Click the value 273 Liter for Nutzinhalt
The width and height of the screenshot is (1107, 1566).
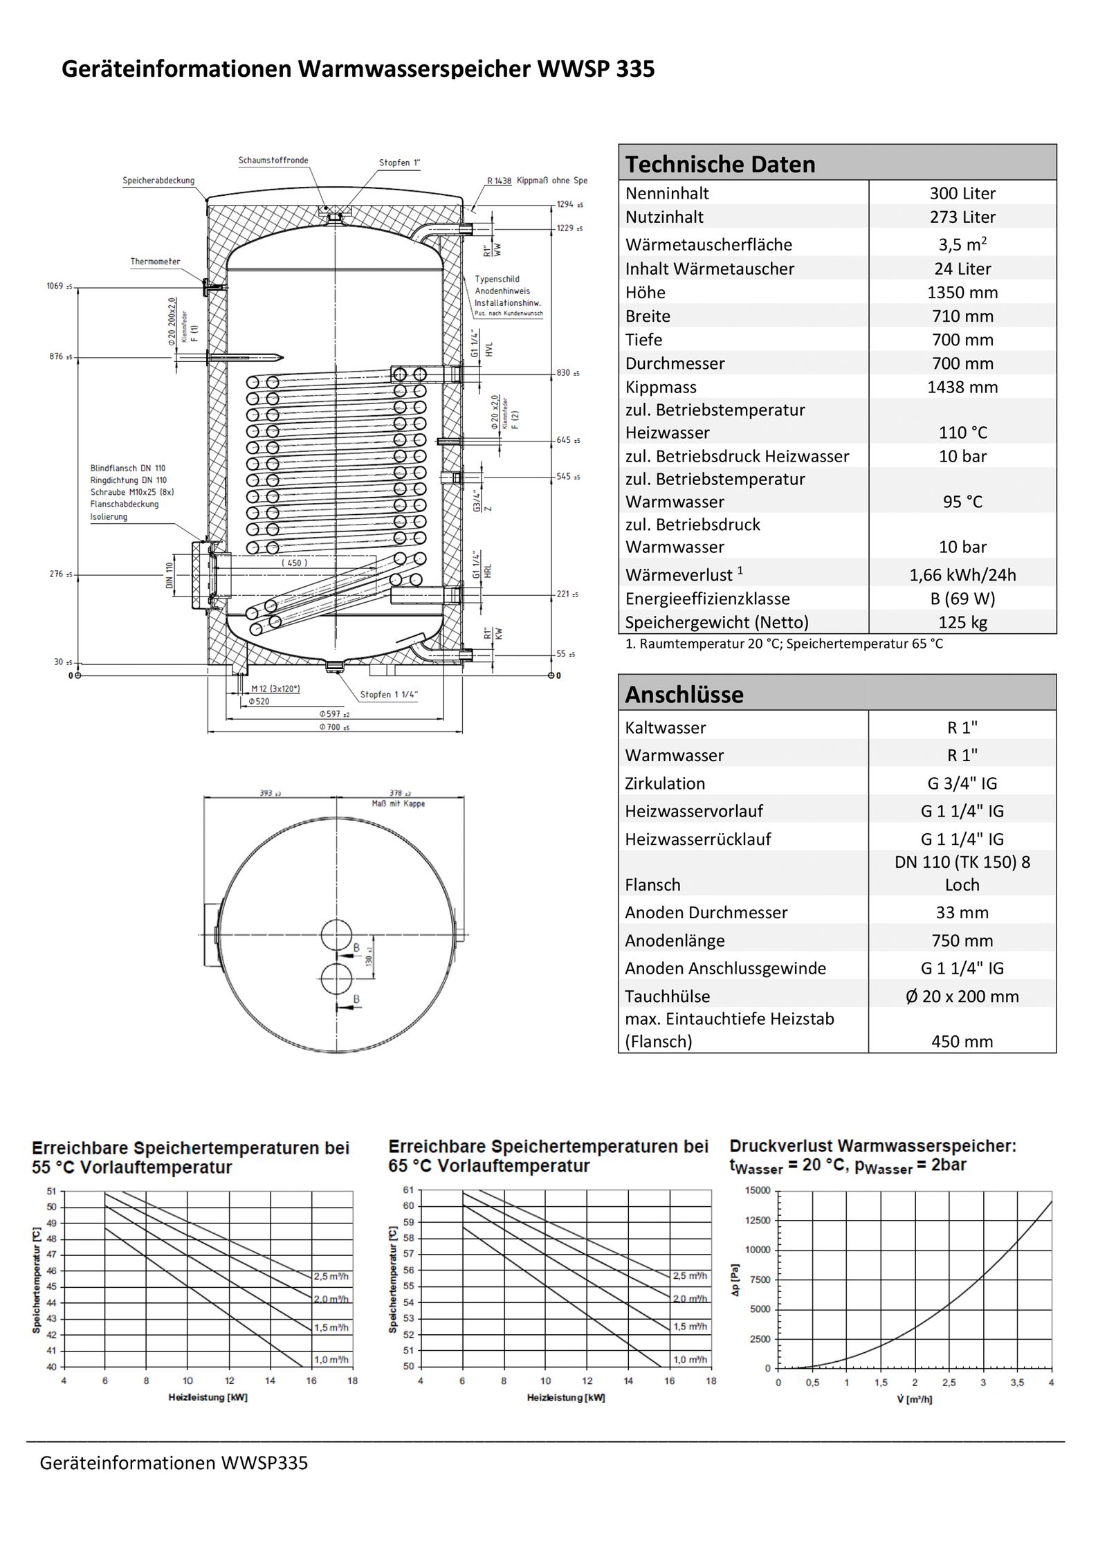point(962,217)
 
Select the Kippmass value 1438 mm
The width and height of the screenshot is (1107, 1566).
point(962,388)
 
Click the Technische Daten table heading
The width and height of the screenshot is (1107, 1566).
point(720,164)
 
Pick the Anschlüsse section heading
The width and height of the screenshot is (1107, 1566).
point(684,694)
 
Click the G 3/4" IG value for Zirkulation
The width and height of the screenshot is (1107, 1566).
point(962,783)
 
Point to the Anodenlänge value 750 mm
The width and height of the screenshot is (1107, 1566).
point(962,940)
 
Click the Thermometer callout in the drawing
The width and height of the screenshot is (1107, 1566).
point(155,262)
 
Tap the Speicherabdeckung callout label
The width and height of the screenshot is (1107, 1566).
point(158,181)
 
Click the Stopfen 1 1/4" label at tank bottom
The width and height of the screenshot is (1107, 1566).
point(389,694)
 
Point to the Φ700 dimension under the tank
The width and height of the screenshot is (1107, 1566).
point(334,727)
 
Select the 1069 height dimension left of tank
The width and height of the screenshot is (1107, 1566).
point(55,286)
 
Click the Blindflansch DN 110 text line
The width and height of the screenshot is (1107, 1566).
point(128,468)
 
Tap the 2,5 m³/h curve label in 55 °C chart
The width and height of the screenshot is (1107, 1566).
point(331,1277)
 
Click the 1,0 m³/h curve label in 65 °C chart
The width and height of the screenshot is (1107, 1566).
point(690,1360)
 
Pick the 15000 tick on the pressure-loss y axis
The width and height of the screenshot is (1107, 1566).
point(757,1190)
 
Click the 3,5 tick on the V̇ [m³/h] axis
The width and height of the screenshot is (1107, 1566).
point(1016,1383)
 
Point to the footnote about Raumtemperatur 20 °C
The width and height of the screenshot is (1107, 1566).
point(783,644)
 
